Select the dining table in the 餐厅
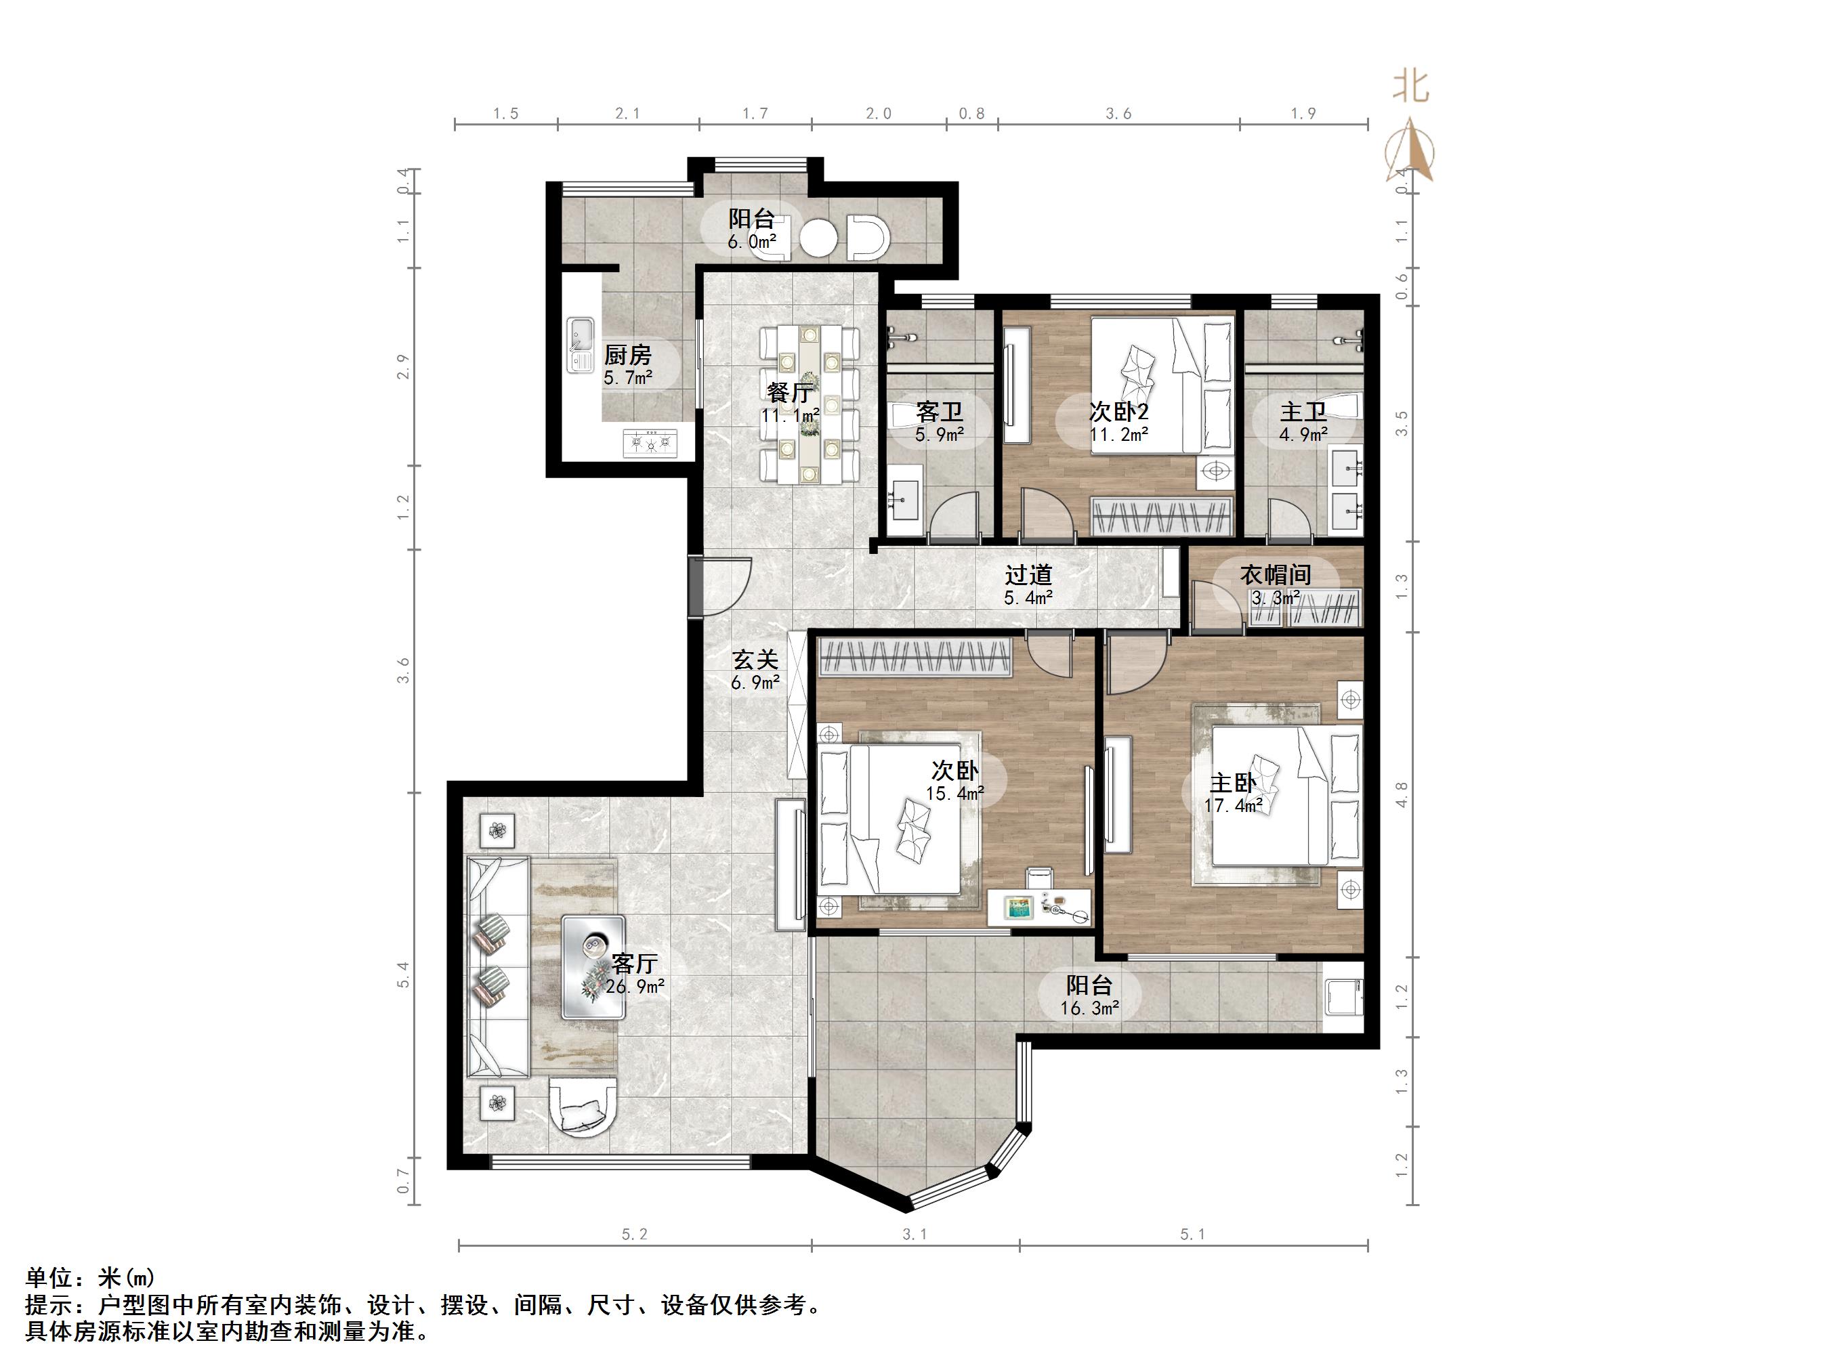point(809,404)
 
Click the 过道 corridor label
point(1028,574)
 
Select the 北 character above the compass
point(1410,86)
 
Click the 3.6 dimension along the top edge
point(1118,114)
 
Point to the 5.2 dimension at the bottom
point(634,1235)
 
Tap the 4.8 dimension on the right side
point(1402,794)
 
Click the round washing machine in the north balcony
point(818,237)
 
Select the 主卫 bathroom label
point(1303,411)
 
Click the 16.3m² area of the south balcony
point(1089,1008)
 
